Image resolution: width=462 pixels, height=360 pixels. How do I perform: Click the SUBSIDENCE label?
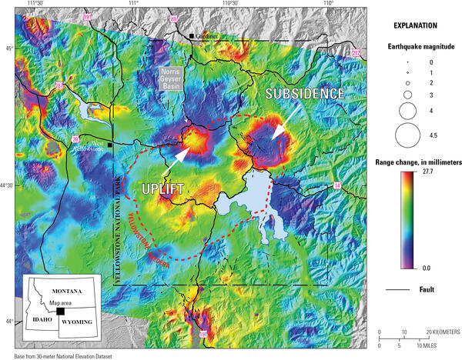tap(305, 93)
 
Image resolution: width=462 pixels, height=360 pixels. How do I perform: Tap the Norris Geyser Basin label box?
tap(173, 78)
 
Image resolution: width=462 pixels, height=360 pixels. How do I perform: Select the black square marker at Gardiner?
tap(192, 35)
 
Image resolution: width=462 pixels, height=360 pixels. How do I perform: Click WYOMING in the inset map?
tap(76, 321)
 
